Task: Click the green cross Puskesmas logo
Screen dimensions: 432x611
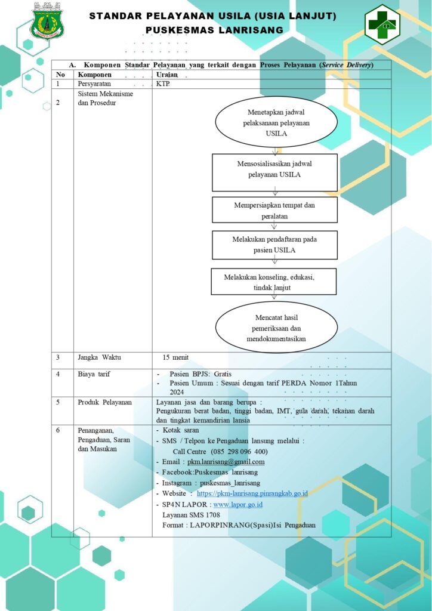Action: [382, 24]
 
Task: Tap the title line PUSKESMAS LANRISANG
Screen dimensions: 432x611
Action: [214, 30]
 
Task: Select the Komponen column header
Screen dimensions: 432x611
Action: [95, 75]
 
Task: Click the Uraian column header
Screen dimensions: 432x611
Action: [166, 75]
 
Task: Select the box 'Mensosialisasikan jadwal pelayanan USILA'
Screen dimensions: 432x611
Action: [274, 172]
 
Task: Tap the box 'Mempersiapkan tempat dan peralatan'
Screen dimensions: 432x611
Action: [274, 209]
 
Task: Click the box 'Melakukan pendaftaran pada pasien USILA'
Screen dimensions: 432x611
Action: [274, 245]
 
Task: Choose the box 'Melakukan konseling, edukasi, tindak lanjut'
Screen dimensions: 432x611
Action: [274, 282]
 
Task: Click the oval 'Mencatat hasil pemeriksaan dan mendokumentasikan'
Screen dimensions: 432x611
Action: [276, 328]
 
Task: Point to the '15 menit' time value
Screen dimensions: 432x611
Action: [175, 357]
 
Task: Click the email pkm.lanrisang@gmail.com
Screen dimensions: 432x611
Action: [226, 462]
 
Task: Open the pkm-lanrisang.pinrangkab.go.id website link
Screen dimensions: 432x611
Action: [252, 493]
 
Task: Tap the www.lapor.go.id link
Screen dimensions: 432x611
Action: [238, 504]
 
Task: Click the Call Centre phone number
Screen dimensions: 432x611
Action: [239, 452]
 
